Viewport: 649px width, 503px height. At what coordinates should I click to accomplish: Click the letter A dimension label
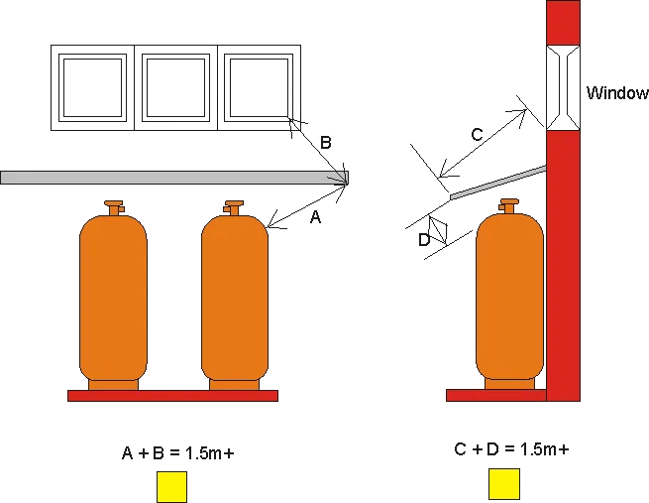click(315, 216)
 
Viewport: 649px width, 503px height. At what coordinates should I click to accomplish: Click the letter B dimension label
click(326, 143)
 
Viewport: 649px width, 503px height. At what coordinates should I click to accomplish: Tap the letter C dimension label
click(477, 135)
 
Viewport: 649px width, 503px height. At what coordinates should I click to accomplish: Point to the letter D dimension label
click(424, 240)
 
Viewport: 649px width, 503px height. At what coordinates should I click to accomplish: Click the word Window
click(617, 93)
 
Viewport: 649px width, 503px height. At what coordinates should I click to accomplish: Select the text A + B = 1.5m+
click(178, 452)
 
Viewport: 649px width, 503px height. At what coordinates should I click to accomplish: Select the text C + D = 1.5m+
click(511, 448)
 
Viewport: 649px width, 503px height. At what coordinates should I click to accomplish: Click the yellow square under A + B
click(171, 487)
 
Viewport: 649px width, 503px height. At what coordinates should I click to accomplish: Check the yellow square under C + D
click(504, 484)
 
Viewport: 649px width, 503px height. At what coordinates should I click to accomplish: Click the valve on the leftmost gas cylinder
click(114, 208)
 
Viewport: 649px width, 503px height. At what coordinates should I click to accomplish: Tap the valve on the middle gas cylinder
click(234, 208)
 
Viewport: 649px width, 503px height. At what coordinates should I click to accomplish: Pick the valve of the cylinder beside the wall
click(508, 206)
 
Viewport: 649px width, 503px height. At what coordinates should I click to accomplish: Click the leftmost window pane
click(92, 88)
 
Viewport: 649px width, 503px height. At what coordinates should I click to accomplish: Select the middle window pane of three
click(176, 88)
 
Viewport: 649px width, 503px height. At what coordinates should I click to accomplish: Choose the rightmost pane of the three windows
click(259, 88)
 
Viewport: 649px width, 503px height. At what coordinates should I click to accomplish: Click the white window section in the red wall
click(563, 87)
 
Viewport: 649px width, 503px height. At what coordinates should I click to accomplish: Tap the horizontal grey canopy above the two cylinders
click(174, 178)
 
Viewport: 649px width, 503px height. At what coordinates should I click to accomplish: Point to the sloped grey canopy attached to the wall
click(498, 183)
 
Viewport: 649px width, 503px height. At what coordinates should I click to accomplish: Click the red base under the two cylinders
click(173, 396)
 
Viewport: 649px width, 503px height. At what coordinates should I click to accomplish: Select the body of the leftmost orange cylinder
click(113, 298)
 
